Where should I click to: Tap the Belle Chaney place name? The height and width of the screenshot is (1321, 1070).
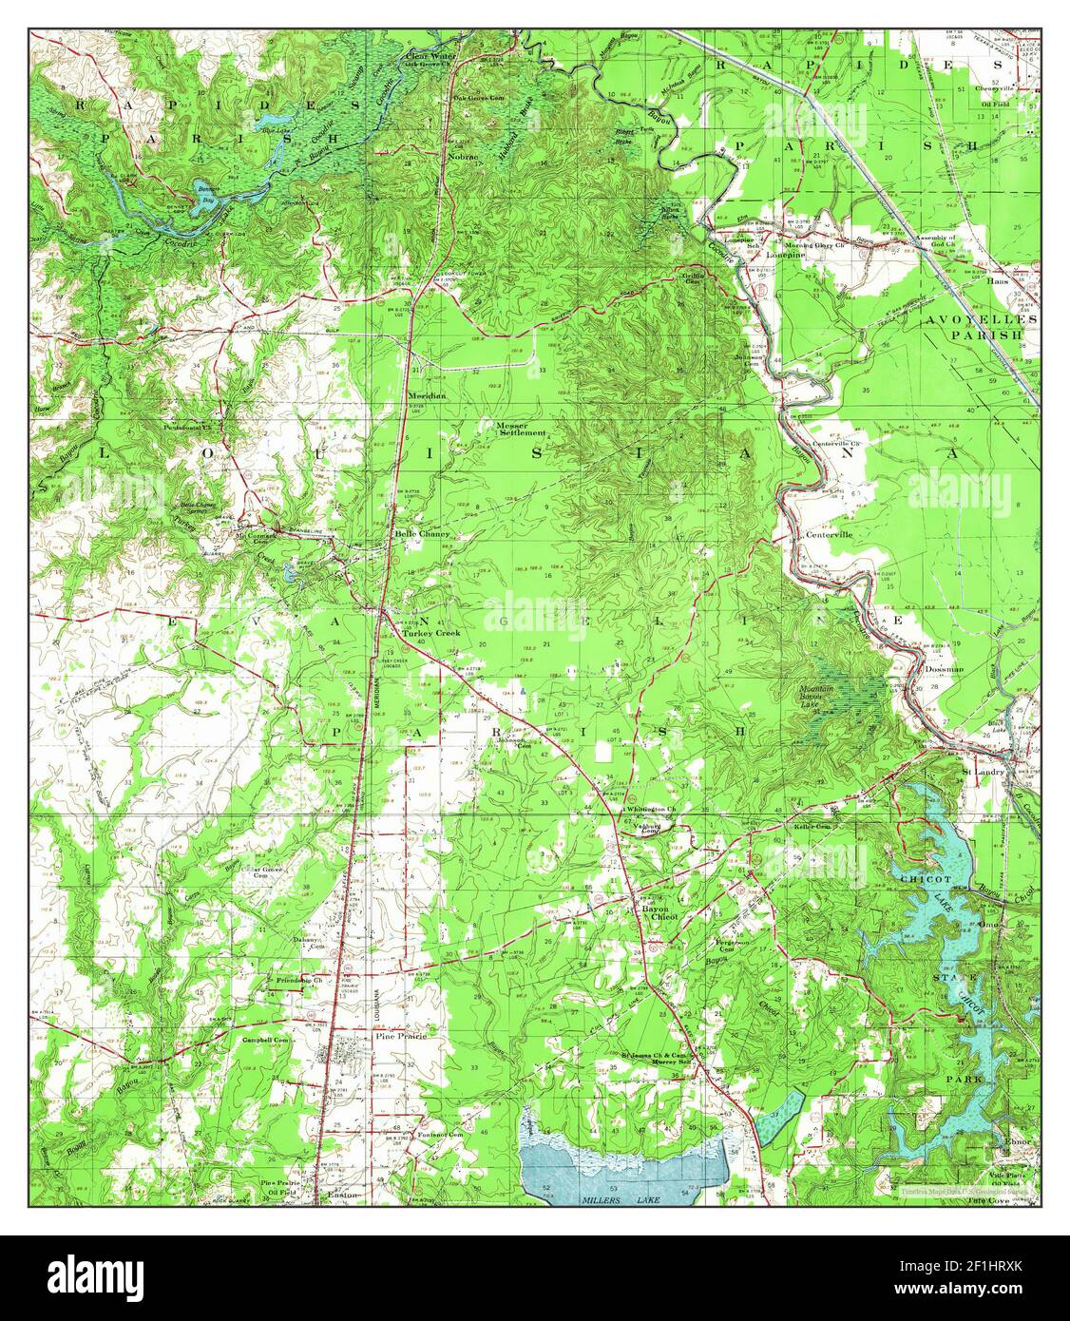(421, 534)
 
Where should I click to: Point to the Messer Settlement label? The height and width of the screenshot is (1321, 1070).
(520, 429)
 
